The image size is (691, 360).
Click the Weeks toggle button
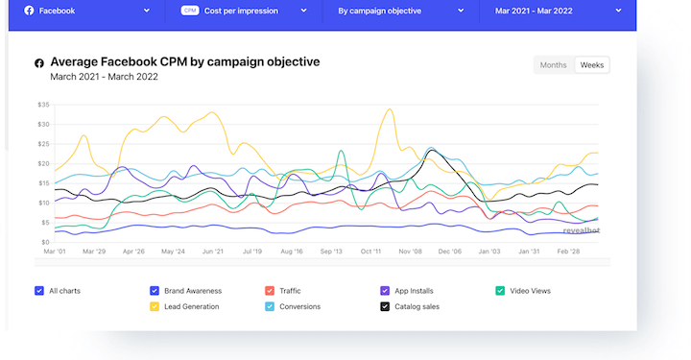coord(592,65)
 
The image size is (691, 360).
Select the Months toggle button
coord(554,65)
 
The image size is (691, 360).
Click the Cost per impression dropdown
coord(245,12)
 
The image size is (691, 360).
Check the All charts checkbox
coord(38,291)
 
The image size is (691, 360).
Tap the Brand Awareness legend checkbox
coord(155,291)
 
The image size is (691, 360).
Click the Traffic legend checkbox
coord(270,291)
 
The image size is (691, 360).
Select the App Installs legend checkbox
coord(385,291)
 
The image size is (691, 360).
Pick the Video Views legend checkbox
coord(500,291)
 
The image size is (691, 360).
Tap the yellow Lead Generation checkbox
coord(155,306)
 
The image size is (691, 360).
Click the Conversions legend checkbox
coord(270,306)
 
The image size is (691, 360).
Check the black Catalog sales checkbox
coord(385,306)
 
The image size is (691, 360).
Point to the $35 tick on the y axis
coord(43,105)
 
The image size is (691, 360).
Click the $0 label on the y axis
coord(45,242)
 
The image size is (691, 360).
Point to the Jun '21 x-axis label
coord(213,252)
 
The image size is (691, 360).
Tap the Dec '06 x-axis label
coord(450,252)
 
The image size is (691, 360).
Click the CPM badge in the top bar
coord(189,12)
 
